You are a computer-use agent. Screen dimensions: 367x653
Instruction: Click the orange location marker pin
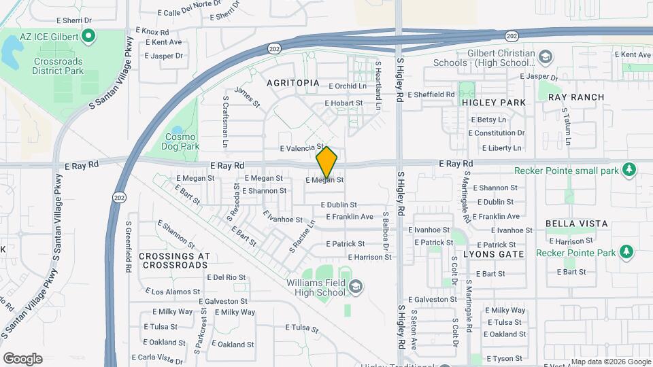click(326, 162)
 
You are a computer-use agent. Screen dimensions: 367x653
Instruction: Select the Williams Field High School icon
click(354, 287)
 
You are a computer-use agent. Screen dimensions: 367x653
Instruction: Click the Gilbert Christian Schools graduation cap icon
click(545, 56)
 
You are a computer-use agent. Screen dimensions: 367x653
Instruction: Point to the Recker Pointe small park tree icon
click(629, 169)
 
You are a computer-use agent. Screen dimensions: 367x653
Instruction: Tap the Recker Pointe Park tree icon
click(626, 253)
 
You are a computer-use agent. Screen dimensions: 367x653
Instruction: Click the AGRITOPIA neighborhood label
click(293, 83)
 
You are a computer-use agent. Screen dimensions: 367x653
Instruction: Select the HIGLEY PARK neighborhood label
click(493, 103)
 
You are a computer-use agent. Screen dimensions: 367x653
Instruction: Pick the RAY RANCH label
click(575, 97)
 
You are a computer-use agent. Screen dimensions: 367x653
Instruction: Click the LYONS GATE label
click(493, 254)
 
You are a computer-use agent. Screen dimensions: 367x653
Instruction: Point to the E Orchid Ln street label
click(347, 86)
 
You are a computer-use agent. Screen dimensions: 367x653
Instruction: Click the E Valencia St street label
click(301, 147)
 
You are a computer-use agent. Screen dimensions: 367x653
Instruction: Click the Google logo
click(22, 359)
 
